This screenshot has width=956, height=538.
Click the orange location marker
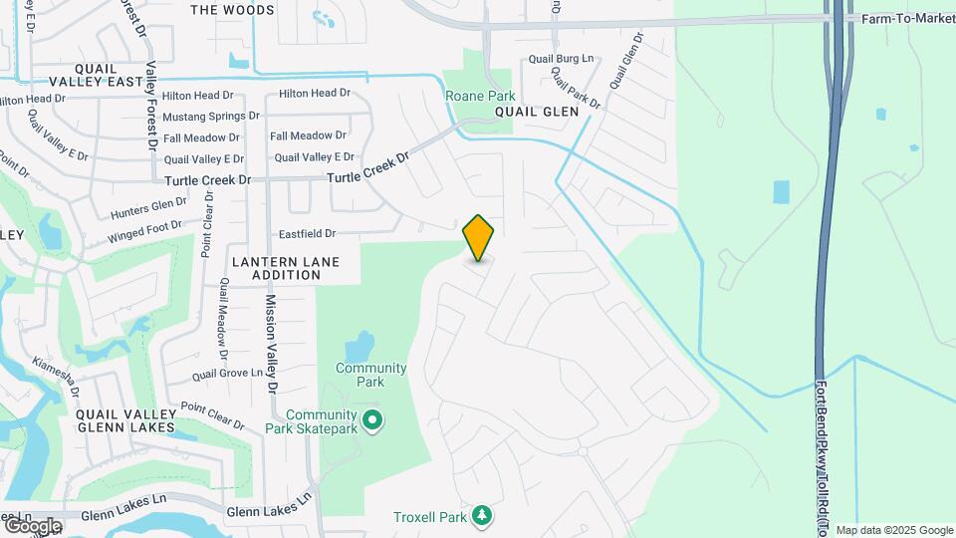479,238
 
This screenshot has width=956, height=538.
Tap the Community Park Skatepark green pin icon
372,421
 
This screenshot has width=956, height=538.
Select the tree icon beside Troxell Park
483,515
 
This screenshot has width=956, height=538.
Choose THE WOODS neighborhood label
231,10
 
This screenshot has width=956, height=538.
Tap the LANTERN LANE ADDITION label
286,268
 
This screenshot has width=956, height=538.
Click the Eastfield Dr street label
307,233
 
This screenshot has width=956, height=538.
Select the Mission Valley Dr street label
270,342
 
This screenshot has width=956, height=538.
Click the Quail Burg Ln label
561,60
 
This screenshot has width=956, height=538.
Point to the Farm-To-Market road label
906,18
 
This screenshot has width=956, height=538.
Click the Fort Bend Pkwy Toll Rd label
823,448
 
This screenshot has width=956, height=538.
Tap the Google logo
32,525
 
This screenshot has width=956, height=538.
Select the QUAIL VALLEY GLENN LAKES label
125,419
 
